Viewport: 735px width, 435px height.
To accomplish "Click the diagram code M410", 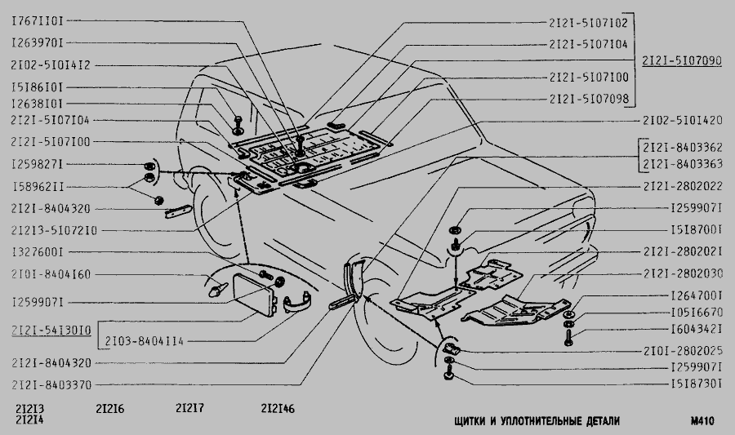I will [702, 421].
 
